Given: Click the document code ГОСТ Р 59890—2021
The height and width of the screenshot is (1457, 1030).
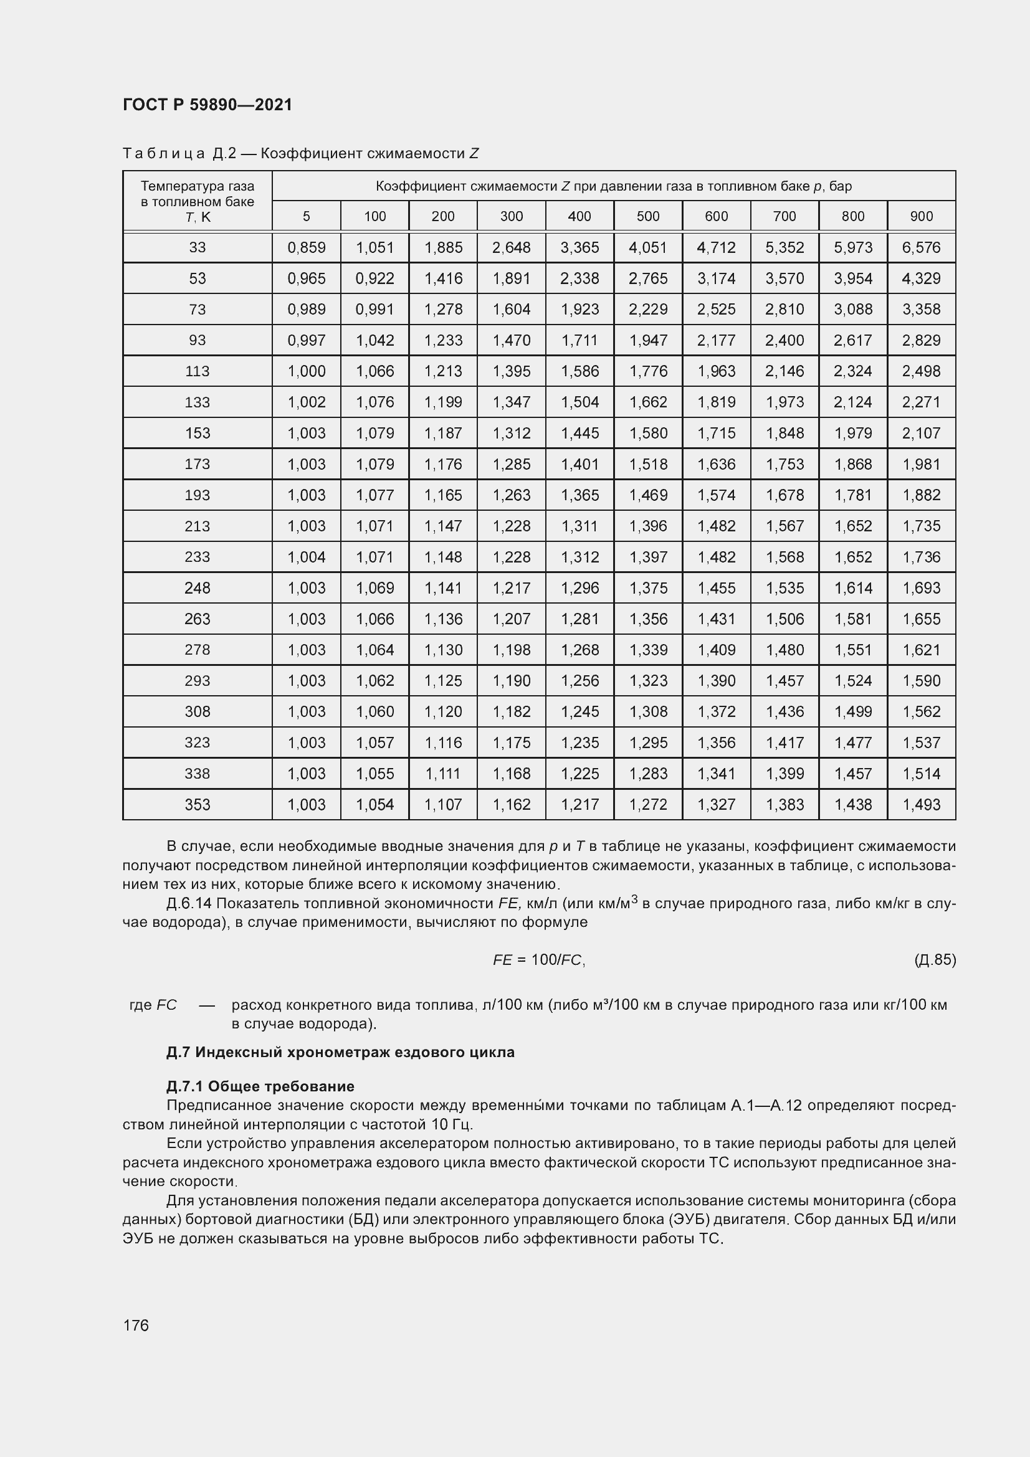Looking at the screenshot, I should click(x=207, y=105).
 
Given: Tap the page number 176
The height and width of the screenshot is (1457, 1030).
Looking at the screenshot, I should click(x=136, y=1325).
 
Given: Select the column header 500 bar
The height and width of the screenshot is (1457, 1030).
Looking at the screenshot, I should click(x=648, y=216).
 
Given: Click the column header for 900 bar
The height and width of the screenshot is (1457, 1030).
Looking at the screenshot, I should click(x=921, y=216).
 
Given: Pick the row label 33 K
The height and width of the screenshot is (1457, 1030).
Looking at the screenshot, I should click(x=198, y=247).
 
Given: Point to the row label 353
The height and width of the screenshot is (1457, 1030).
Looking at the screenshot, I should click(x=198, y=805).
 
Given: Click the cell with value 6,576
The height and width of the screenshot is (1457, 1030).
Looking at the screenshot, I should click(x=921, y=247).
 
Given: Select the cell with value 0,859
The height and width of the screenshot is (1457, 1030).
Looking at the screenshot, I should click(x=307, y=247).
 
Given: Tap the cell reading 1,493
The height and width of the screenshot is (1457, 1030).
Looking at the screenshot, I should click(x=921, y=805).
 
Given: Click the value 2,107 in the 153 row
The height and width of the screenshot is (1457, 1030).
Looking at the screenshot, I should click(x=921, y=434).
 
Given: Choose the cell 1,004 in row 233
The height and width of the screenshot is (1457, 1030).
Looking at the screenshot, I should click(x=307, y=557).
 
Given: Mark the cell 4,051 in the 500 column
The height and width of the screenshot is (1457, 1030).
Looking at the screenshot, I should click(x=648, y=247).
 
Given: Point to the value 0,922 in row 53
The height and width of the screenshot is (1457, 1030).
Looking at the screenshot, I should click(x=375, y=278).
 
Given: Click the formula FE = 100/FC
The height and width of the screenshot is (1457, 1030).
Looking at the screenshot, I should click(x=539, y=960).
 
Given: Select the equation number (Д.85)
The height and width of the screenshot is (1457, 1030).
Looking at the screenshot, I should click(x=935, y=959).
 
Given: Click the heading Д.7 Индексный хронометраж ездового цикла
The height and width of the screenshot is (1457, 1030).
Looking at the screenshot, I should click(x=340, y=1052).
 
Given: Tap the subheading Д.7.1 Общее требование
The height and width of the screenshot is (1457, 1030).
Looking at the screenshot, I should click(x=260, y=1086).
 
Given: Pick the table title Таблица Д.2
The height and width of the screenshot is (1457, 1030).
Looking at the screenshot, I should click(x=179, y=154).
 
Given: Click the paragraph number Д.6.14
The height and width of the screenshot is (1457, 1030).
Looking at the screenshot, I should click(x=189, y=903).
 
